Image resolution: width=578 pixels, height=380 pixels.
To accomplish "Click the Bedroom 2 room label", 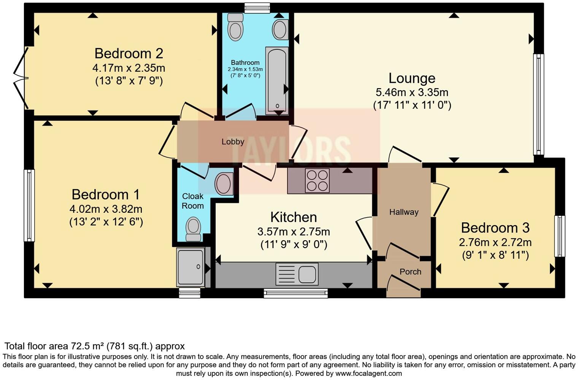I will point(129,53).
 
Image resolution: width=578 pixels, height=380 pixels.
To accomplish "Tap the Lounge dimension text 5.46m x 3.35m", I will point(412,92).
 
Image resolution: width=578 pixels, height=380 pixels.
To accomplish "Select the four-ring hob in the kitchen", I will point(317,180).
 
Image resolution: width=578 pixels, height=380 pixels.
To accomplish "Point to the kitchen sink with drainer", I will point(297,274).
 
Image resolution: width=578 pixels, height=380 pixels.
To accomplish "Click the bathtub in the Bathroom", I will point(276,81).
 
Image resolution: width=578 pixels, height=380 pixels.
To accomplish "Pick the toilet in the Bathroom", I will point(235,27).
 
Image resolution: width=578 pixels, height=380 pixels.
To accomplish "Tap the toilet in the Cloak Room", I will point(193,229).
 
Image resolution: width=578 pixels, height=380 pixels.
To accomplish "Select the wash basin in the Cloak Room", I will point(224,184).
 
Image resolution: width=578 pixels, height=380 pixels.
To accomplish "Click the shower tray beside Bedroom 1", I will point(191,267).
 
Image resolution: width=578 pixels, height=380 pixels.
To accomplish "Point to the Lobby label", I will point(233,142).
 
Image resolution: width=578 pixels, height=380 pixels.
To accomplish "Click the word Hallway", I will point(403,212).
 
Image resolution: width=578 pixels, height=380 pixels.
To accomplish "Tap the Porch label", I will point(410,272).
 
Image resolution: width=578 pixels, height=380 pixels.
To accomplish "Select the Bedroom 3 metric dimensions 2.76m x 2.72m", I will point(495,242).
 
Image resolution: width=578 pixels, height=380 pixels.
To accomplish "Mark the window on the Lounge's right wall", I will point(538,104).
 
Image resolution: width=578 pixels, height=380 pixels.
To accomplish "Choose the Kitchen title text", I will point(293,217).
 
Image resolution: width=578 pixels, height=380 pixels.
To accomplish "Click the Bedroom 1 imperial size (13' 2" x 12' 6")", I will point(106,222).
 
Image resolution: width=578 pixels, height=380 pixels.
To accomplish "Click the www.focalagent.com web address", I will point(368,373).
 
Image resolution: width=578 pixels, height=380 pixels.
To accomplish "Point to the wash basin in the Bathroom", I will point(280,29).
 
